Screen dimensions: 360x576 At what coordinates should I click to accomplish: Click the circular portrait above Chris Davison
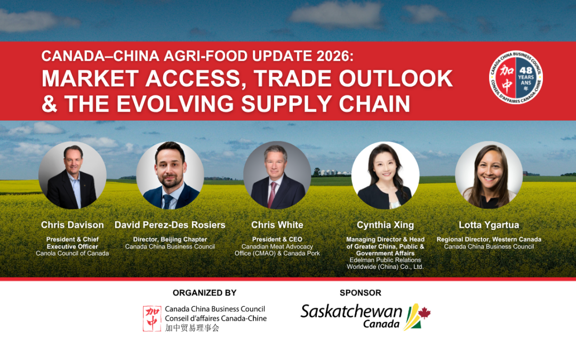click(x=73, y=175)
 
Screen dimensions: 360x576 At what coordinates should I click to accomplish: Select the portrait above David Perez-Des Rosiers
click(x=170, y=175)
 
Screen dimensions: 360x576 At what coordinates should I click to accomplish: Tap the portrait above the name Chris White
click(x=277, y=175)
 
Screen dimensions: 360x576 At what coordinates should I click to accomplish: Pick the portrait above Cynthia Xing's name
click(x=385, y=175)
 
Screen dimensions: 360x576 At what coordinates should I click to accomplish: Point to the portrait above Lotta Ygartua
click(x=489, y=175)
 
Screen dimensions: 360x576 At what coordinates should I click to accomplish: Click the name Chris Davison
click(x=73, y=225)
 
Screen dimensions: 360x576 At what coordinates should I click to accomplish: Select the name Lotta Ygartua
click(x=489, y=225)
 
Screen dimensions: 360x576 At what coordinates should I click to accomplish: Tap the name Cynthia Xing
click(x=385, y=225)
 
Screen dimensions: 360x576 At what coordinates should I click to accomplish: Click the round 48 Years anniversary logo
click(x=516, y=78)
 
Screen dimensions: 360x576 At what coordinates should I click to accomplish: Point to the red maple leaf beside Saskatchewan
click(x=425, y=313)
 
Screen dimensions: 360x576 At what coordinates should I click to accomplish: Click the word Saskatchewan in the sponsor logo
click(x=351, y=311)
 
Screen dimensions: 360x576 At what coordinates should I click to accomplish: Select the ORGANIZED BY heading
click(x=204, y=293)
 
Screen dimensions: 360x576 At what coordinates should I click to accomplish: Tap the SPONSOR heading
click(x=361, y=293)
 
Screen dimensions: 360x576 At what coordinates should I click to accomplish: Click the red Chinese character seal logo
click(x=152, y=318)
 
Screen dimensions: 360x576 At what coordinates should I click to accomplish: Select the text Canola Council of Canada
click(x=73, y=253)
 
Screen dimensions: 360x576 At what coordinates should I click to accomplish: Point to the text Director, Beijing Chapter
click(x=170, y=239)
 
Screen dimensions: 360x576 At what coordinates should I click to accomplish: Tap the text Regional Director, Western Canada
click(x=489, y=239)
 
